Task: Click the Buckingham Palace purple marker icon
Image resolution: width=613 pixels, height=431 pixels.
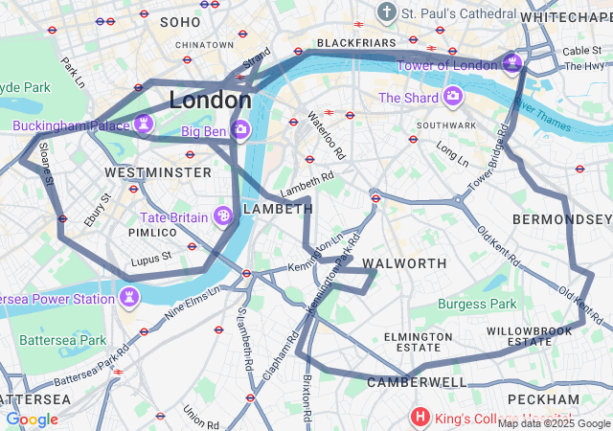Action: pos(143,125)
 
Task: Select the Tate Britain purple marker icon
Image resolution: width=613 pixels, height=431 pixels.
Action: pos(222,217)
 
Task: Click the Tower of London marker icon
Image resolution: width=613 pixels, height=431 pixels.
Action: pos(513,64)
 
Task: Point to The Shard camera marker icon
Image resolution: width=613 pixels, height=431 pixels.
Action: pos(451,98)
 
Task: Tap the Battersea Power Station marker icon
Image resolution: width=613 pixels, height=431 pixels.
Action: pos(128,299)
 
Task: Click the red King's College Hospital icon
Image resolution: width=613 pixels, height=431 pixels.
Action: pos(420,418)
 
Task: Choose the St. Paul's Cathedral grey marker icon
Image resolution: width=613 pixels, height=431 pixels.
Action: pos(386,13)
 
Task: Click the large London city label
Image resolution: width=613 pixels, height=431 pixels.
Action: pos(211,100)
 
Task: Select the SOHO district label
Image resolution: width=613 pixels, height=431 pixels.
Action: pos(181,21)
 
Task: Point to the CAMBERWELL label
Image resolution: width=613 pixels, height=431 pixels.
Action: pos(417,382)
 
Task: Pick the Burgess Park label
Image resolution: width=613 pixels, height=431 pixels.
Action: pos(476,305)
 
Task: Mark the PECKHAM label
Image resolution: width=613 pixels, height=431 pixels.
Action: pos(543,398)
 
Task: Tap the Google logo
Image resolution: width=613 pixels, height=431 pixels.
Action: pos(32,420)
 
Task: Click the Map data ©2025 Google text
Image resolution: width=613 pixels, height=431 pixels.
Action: pos(553,423)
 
